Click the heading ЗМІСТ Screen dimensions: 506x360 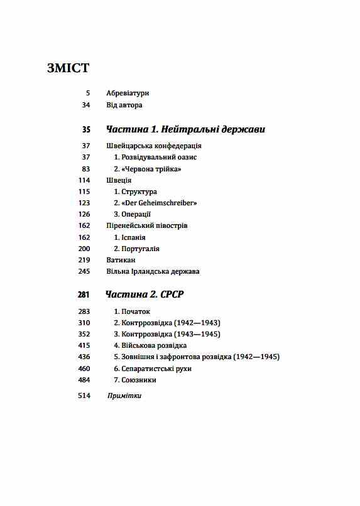[68, 68]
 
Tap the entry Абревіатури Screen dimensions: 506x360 [128, 94]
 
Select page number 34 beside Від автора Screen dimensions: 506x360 [86, 105]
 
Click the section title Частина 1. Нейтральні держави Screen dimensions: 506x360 [185, 129]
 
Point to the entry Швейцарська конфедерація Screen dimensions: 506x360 [154, 146]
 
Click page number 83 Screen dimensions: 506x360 [86, 169]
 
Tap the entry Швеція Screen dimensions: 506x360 [119, 180]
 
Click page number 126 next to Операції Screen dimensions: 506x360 [84, 214]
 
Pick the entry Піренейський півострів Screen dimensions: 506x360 [147, 225]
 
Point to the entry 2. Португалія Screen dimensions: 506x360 [136, 249]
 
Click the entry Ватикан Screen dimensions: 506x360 [121, 260]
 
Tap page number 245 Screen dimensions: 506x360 [84, 271]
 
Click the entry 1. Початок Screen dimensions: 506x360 [132, 311]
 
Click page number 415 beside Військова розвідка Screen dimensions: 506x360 [84, 345]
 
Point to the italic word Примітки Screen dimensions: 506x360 [124, 396]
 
